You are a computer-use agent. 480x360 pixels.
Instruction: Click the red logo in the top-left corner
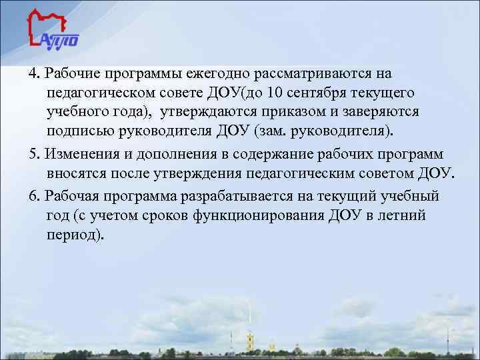53,30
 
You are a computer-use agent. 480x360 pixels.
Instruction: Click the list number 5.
35,155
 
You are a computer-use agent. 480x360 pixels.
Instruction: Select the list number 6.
35,197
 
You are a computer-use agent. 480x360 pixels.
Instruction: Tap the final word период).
75,235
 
